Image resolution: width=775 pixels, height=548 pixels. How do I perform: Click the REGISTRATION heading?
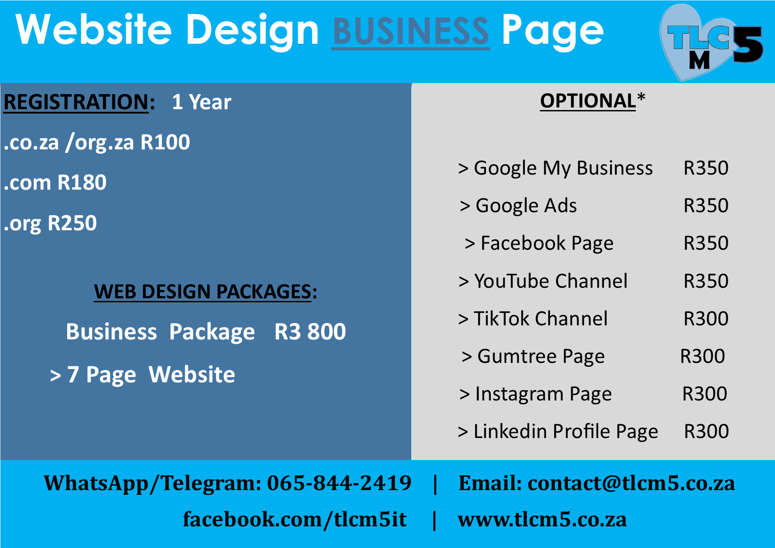tap(76, 102)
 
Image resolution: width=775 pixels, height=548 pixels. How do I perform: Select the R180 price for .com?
tap(82, 183)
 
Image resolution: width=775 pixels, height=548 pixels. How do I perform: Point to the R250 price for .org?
tap(72, 223)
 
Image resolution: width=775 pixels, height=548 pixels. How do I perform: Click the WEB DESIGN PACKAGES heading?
tap(203, 292)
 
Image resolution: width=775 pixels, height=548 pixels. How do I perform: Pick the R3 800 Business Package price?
tap(310, 332)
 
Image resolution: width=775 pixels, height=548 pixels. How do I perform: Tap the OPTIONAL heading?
tap(588, 101)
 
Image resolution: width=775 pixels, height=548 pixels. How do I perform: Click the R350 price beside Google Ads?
tap(706, 205)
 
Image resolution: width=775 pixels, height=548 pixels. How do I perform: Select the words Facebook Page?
tap(547, 244)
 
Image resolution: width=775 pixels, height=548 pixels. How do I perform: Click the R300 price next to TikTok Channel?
tap(706, 319)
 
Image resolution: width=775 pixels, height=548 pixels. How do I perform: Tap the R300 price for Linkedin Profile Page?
tap(706, 431)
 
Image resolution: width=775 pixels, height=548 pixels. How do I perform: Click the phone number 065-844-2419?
tap(339, 483)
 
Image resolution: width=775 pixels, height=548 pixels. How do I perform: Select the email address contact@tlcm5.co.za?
tap(631, 483)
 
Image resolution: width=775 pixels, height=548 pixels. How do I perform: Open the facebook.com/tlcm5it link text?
tap(295, 519)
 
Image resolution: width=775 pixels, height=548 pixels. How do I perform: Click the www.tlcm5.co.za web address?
tap(542, 520)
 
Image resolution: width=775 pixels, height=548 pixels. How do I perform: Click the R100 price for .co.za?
tap(165, 142)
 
